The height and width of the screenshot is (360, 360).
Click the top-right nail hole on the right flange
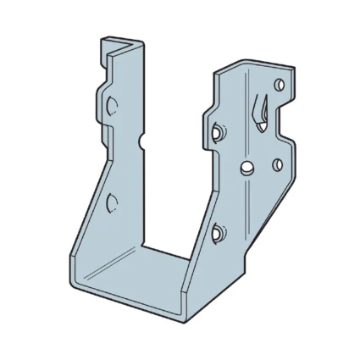[280, 84]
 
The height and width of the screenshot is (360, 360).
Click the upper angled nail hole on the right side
[218, 132]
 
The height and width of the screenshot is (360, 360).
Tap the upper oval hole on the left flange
[111, 105]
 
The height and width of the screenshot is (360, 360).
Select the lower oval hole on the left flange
[110, 202]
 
